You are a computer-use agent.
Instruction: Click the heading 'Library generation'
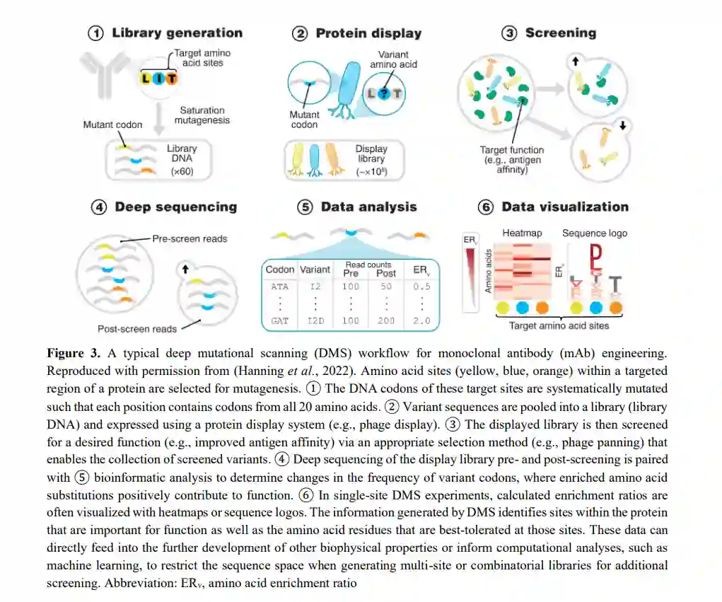coord(177,33)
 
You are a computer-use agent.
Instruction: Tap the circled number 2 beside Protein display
coord(301,33)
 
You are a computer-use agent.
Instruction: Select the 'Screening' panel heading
coord(560,33)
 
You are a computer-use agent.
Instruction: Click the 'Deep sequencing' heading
coord(175,207)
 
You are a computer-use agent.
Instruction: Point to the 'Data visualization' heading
coord(564,207)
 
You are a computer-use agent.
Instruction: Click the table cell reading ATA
coord(279,286)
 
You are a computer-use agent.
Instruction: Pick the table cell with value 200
coord(386,320)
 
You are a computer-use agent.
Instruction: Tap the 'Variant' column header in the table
coord(315,270)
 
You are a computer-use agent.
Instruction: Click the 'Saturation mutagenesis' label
coord(202,116)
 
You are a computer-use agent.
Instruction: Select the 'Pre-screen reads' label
coord(190,238)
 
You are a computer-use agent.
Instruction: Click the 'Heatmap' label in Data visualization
coord(521,233)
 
